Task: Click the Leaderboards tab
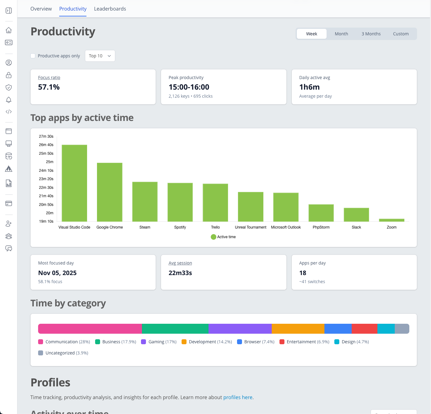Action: (110, 9)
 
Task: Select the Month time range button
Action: (341, 34)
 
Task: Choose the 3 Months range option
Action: (371, 34)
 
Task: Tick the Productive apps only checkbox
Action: (33, 56)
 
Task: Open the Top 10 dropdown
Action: (100, 56)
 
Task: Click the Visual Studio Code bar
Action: (74, 183)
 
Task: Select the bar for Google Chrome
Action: (110, 192)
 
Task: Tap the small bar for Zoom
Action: (391, 220)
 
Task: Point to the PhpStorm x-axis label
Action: (321, 227)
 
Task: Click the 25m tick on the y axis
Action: (50, 162)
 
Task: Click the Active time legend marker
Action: (213, 237)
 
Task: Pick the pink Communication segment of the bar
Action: (90, 329)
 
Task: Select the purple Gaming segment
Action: (240, 329)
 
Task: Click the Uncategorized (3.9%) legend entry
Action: (63, 353)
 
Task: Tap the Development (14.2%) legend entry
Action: (207, 342)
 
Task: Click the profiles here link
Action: (238, 397)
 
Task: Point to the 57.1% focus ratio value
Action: (49, 87)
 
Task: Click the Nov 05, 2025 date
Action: (57, 273)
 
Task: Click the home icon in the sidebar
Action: (9, 30)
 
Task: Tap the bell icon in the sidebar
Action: (9, 100)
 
